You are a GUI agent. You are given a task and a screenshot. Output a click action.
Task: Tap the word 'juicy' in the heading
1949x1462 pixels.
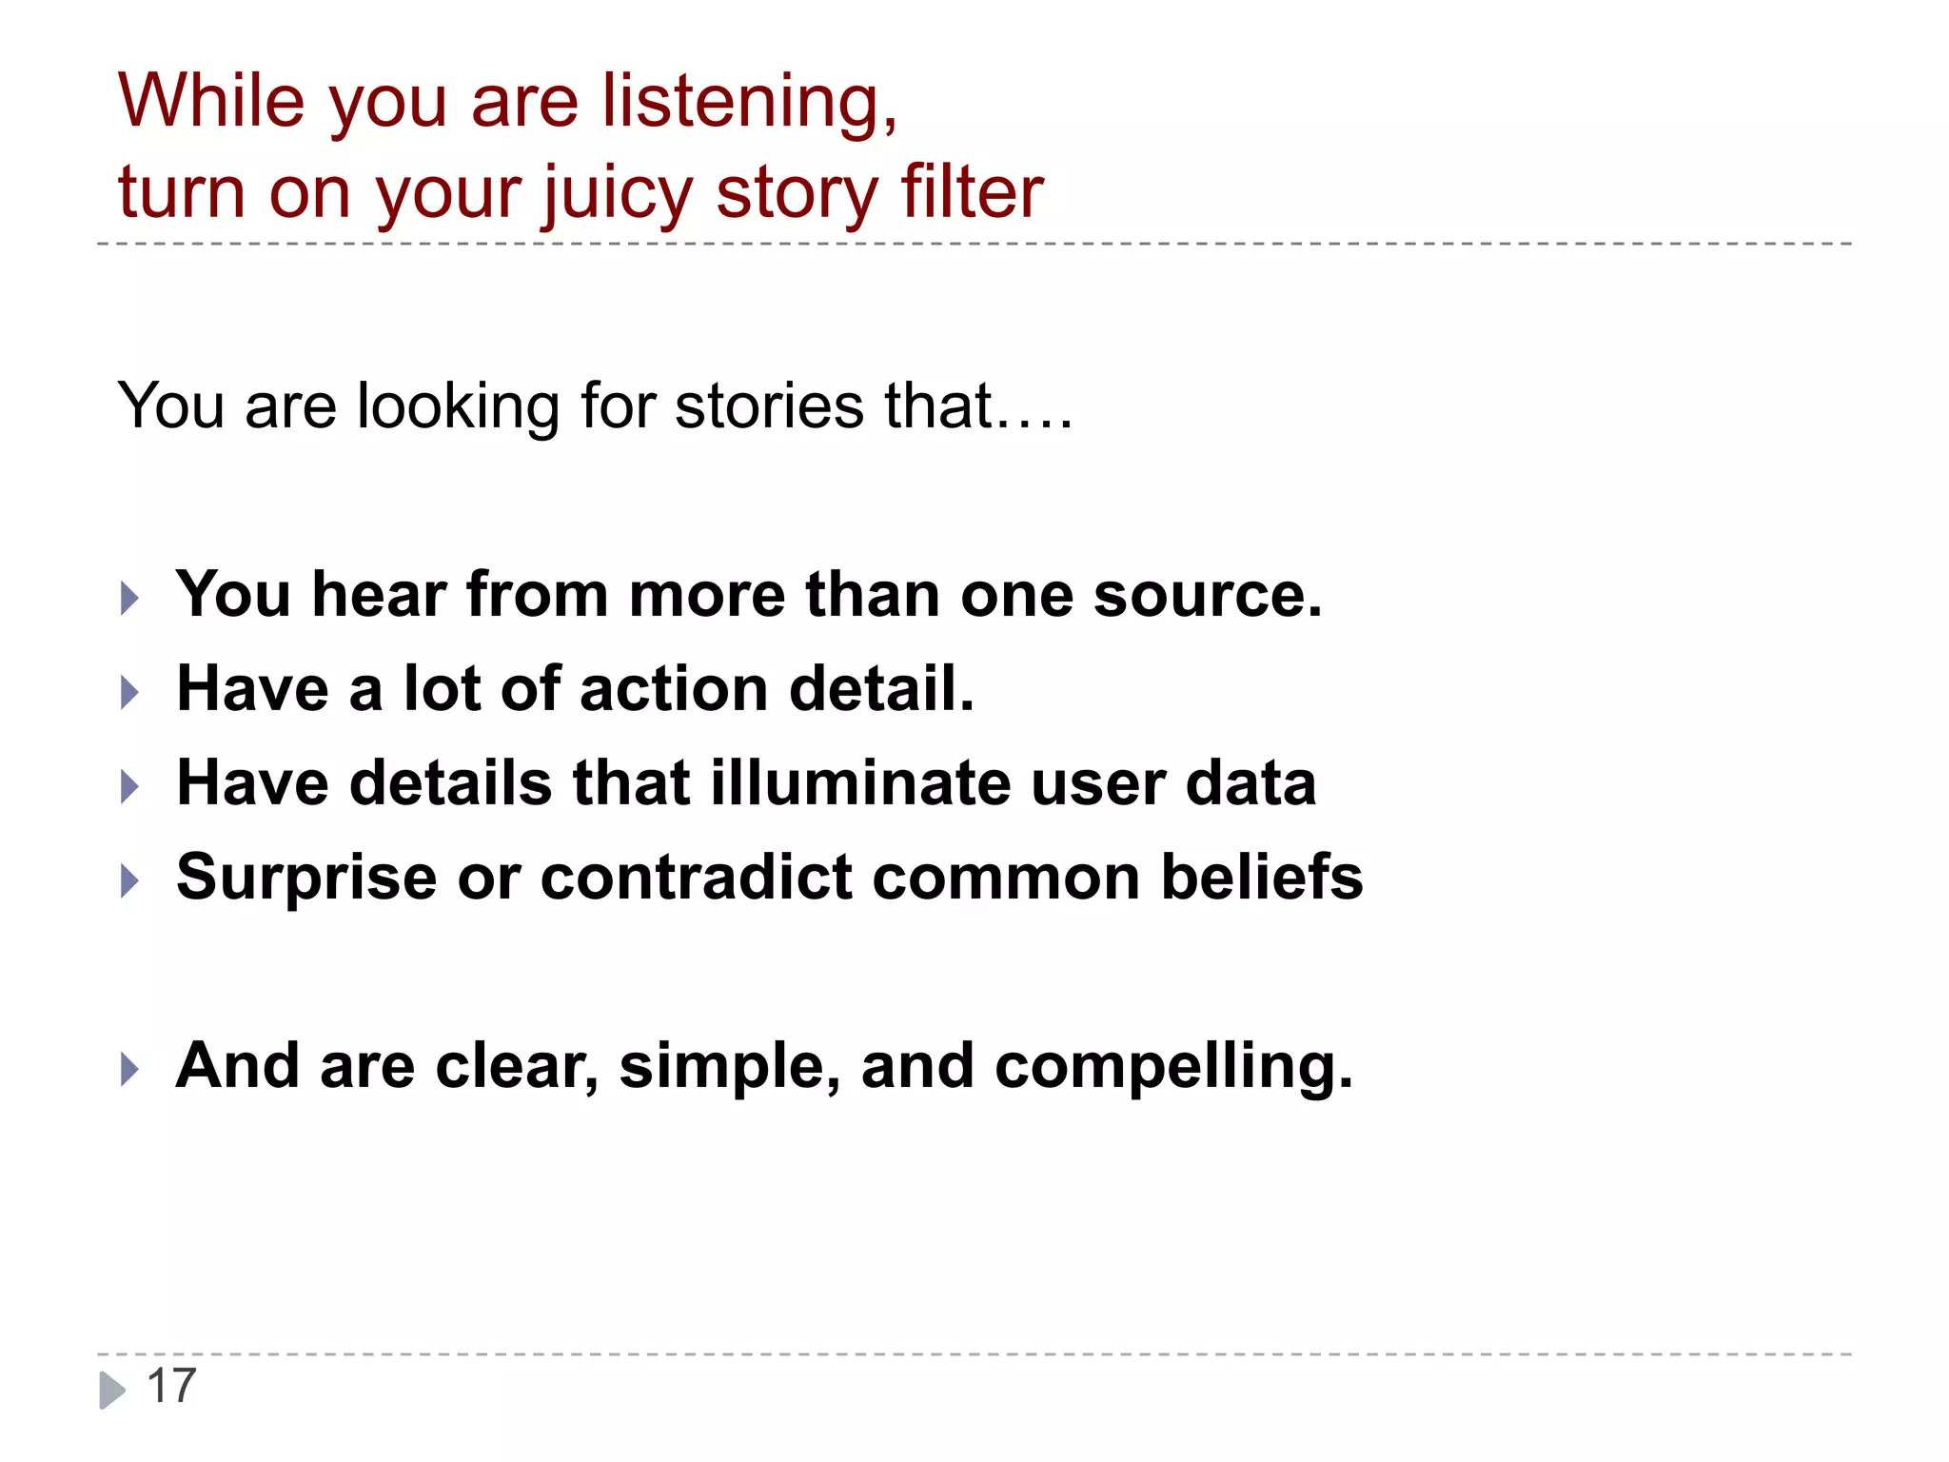coord(619,193)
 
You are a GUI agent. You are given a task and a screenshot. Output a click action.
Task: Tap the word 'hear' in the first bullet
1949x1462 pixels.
coord(379,595)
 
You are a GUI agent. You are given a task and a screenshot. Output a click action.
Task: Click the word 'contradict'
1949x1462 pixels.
coord(696,877)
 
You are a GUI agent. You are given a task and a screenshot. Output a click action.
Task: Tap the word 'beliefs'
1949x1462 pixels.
coord(1262,877)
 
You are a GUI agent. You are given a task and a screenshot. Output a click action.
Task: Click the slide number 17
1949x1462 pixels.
coord(171,1386)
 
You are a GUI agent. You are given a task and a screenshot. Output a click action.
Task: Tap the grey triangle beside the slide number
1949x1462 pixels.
coord(112,1390)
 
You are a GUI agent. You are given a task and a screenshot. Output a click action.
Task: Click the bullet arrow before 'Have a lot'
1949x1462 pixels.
coord(130,692)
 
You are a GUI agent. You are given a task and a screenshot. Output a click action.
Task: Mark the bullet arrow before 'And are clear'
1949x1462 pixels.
coord(130,1069)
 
